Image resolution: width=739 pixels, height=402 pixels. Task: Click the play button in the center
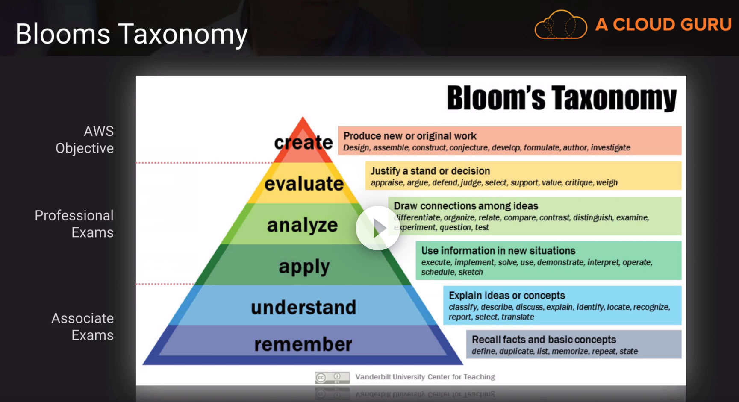pyautogui.click(x=378, y=228)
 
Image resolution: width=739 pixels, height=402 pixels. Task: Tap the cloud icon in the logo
pyautogui.click(x=561, y=25)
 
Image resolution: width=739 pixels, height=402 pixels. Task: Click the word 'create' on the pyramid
pyautogui.click(x=303, y=142)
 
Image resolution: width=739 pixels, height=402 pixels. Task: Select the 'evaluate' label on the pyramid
pyautogui.click(x=304, y=184)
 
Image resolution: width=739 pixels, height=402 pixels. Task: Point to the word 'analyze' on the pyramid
pyautogui.click(x=303, y=225)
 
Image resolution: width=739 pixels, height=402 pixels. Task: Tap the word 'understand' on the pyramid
pyautogui.click(x=303, y=307)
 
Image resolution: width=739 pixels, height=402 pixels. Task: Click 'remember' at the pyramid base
pyautogui.click(x=303, y=344)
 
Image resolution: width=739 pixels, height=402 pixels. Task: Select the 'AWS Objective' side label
pyautogui.click(x=85, y=140)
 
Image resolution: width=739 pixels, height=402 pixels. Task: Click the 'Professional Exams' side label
pyautogui.click(x=74, y=224)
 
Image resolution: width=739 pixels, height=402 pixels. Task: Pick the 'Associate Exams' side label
pyautogui.click(x=82, y=327)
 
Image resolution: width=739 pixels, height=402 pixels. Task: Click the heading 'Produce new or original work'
pyautogui.click(x=410, y=136)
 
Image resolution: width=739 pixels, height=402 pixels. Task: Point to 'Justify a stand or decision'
pyautogui.click(x=430, y=171)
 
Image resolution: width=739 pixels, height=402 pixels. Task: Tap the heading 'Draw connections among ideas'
pyautogui.click(x=466, y=206)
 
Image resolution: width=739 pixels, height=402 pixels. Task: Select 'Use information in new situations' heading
pyautogui.click(x=498, y=251)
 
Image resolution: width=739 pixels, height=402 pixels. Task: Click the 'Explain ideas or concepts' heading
pyautogui.click(x=507, y=296)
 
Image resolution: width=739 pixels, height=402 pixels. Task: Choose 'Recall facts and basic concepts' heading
pyautogui.click(x=544, y=340)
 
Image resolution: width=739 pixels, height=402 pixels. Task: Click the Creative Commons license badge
pyautogui.click(x=332, y=378)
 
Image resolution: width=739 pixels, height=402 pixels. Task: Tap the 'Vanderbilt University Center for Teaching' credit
pyautogui.click(x=425, y=377)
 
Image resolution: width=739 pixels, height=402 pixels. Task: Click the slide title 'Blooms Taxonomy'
pyautogui.click(x=132, y=34)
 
